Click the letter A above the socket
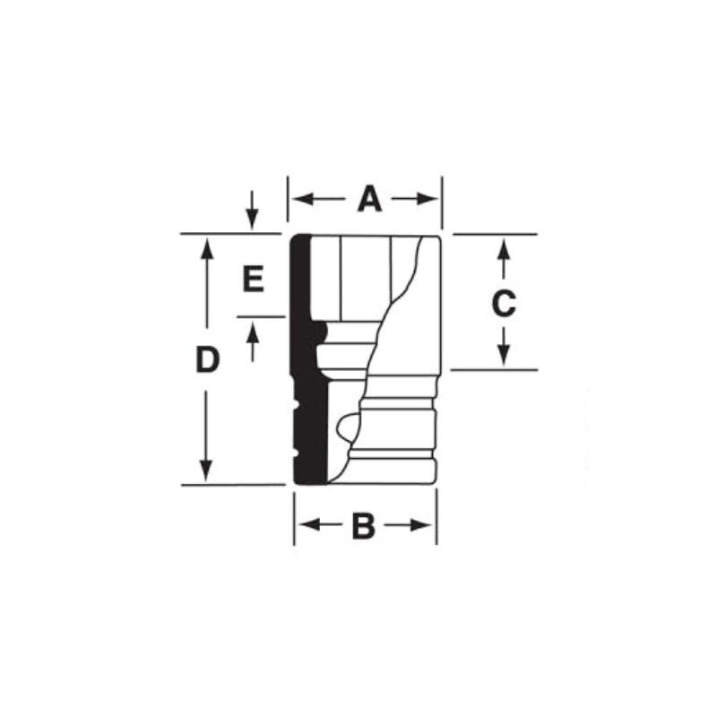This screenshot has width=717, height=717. pyautogui.click(x=369, y=199)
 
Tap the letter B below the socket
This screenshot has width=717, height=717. pyautogui.click(x=363, y=526)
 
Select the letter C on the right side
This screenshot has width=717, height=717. pyautogui.click(x=505, y=304)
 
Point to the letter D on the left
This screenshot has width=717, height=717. pyautogui.click(x=207, y=360)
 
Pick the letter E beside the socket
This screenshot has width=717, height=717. pyautogui.click(x=253, y=281)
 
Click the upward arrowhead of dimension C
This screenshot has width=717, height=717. pyautogui.click(x=504, y=245)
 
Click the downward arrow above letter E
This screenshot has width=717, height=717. pyautogui.click(x=252, y=219)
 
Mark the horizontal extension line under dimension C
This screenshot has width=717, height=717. pyautogui.click(x=493, y=369)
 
